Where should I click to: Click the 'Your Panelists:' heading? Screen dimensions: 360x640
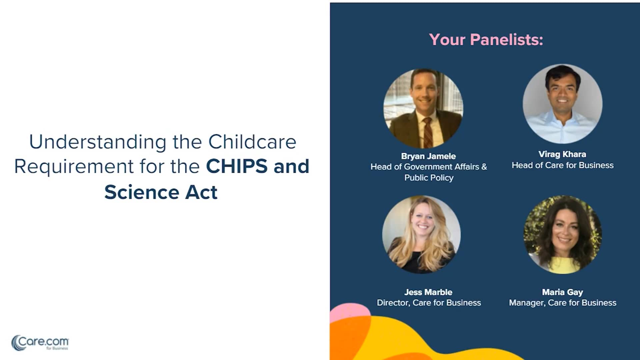point(486,40)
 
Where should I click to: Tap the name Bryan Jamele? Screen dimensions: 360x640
point(428,156)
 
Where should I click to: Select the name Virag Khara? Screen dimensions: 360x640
point(562,154)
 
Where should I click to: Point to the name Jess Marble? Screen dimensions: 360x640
point(428,292)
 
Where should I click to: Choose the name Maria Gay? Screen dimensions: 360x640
point(562,292)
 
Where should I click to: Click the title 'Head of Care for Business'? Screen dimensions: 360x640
point(562,165)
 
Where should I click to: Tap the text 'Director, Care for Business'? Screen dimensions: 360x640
point(429,303)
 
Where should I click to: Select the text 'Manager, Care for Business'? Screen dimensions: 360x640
point(562,303)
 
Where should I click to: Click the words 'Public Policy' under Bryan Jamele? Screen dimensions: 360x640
point(429,178)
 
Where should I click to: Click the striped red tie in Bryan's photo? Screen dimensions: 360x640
point(427,132)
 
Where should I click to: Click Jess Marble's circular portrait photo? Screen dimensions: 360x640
point(421,234)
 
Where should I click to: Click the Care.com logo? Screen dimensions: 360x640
point(40,343)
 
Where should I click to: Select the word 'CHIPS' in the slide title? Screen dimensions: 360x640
point(237,166)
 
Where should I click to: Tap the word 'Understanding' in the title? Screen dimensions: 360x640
point(98,142)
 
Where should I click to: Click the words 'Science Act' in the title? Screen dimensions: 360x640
point(161,192)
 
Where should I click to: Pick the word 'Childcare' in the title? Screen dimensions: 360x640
point(252,142)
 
